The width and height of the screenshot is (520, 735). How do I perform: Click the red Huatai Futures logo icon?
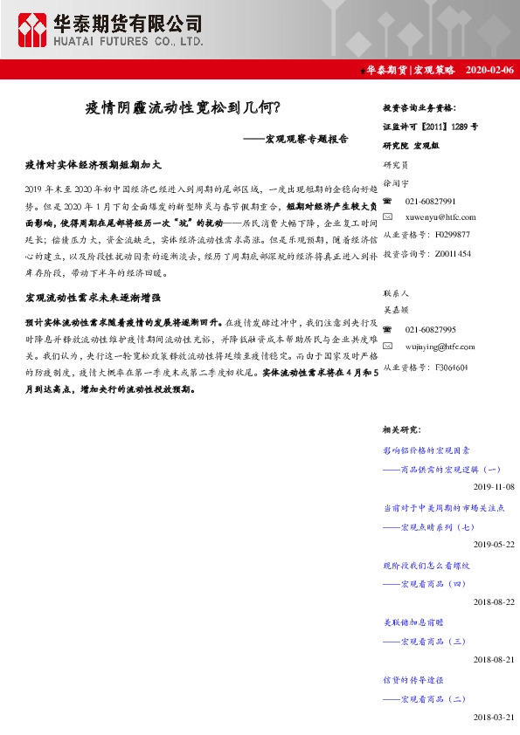(34, 30)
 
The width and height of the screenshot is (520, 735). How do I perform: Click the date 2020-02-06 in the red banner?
(489, 70)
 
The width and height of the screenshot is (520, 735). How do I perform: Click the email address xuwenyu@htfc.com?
(440, 217)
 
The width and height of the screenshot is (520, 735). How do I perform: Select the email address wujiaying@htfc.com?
(442, 346)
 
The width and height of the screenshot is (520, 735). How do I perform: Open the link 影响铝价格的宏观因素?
(426, 450)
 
